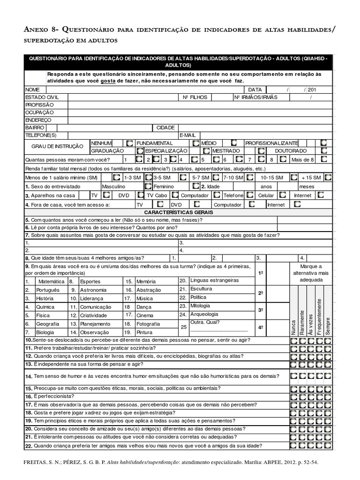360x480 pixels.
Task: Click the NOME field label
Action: pyautogui.click(x=33, y=90)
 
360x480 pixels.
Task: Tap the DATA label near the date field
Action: pyautogui.click(x=255, y=90)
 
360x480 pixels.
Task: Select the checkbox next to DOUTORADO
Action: pyautogui.click(x=324, y=151)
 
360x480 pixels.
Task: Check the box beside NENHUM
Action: pyautogui.click(x=129, y=142)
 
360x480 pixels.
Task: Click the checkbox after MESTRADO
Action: pyautogui.click(x=262, y=151)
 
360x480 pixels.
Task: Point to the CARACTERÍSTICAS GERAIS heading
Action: pyautogui.click(x=180, y=212)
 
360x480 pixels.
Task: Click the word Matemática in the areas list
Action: pyautogui.click(x=51, y=282)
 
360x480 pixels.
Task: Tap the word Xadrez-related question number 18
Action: pyautogui.click(x=29, y=412)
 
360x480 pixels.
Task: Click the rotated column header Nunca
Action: pyautogui.click(x=293, y=325)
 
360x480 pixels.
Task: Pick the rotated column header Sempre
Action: pyautogui.click(x=328, y=325)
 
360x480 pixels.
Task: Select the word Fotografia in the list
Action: pyautogui.click(x=148, y=324)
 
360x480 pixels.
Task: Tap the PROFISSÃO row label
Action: pyautogui.click(x=39, y=105)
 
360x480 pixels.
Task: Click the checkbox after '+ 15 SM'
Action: pyautogui.click(x=328, y=178)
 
